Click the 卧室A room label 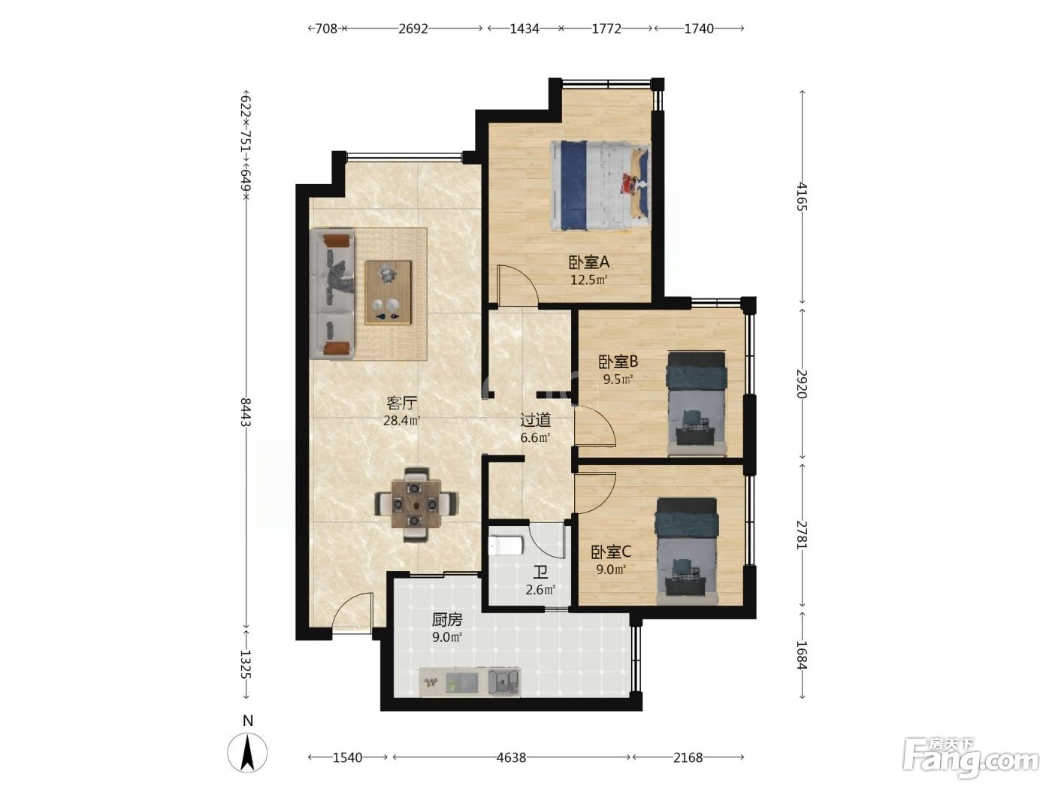pos(589,262)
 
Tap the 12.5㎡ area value pos(588,280)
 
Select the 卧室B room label pos(618,361)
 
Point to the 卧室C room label pos(611,552)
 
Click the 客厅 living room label pos(401,403)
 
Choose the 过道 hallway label pos(535,420)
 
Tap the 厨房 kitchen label pos(446,619)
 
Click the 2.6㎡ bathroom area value pos(540,590)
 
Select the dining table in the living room pos(415,504)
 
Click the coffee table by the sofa pos(388,293)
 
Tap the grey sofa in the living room pos(331,294)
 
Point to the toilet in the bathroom pos(505,546)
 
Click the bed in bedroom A pos(600,186)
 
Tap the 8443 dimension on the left pos(246,412)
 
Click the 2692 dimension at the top pos(413,29)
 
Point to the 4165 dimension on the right pos(802,196)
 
